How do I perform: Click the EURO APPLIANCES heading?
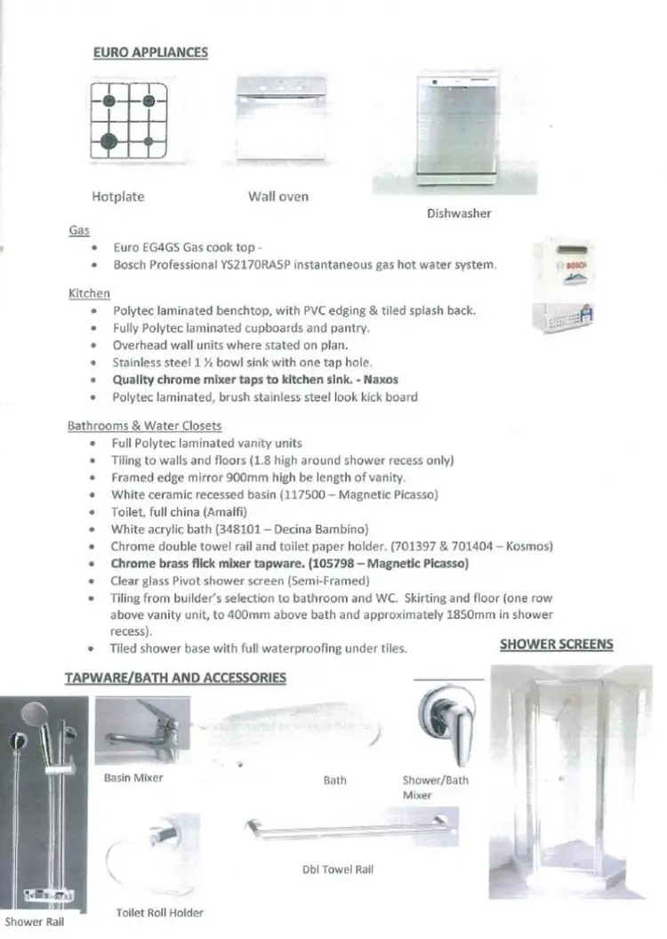(150, 52)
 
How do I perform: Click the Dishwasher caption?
(458, 213)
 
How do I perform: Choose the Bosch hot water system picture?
(568, 286)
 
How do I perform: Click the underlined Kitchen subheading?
(89, 293)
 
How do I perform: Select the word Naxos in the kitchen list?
(381, 379)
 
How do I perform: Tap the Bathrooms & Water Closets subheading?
(144, 426)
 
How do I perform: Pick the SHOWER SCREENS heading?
(556, 643)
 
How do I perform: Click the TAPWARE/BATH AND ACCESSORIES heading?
(175, 678)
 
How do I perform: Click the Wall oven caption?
(278, 197)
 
